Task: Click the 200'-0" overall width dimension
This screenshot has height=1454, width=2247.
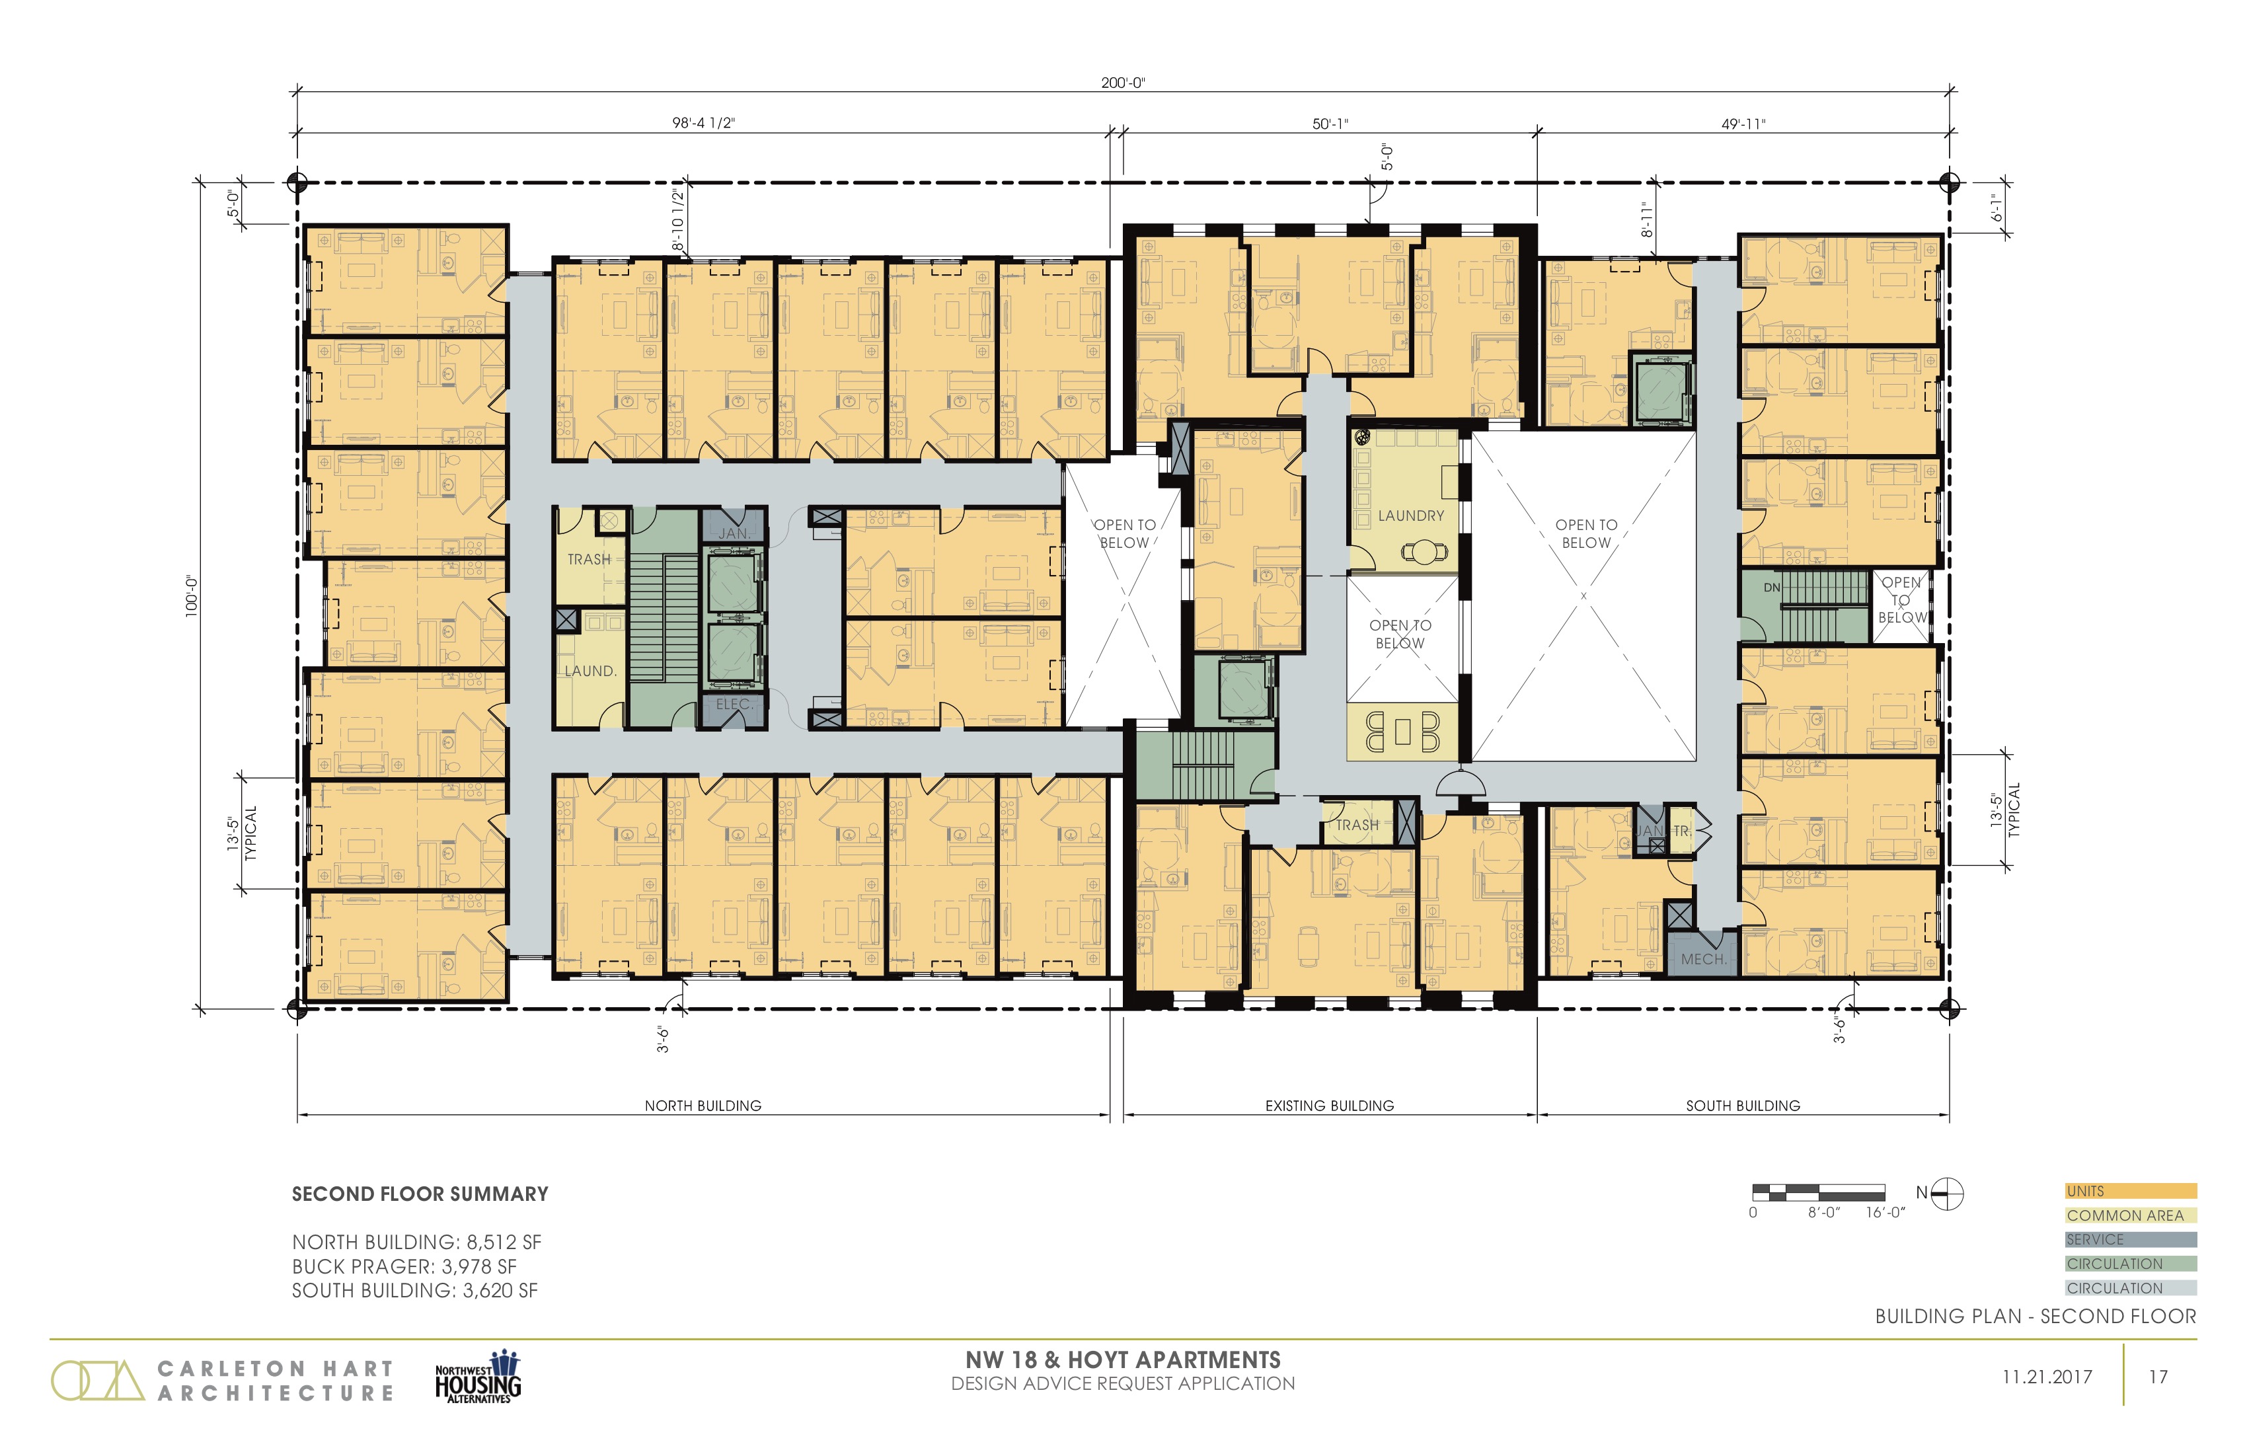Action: point(1123,83)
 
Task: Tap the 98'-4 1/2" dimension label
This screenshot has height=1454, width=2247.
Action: point(703,124)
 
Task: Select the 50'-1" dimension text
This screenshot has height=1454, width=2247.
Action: point(1330,124)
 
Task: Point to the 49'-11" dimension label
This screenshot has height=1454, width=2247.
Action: point(1743,124)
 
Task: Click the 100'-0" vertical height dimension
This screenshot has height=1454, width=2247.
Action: point(192,595)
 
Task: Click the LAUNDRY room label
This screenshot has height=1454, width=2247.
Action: point(1410,516)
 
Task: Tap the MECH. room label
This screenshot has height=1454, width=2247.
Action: point(1702,959)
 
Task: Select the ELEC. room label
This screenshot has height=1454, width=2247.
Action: point(733,705)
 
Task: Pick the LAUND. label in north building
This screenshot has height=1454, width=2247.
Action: point(590,671)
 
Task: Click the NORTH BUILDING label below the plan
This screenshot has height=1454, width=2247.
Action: point(703,1106)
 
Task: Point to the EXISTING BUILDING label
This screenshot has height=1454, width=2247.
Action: point(1329,1106)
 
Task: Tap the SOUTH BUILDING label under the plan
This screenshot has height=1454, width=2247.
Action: point(1743,1106)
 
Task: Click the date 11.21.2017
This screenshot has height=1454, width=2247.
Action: point(2047,1377)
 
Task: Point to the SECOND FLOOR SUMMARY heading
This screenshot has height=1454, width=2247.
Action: point(420,1194)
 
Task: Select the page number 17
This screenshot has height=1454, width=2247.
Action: point(2158,1377)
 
